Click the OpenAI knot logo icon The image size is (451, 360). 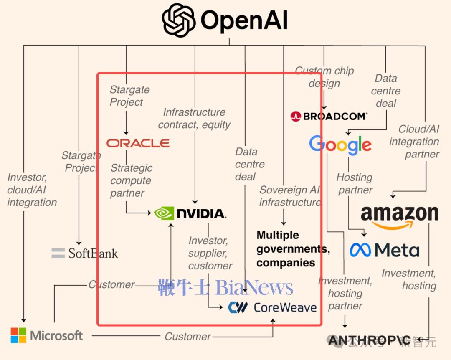point(179,20)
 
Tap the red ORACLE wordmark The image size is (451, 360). point(138,143)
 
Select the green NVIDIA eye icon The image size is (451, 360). point(164,213)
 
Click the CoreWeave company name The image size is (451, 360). point(285,308)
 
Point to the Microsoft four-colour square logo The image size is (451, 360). point(18,335)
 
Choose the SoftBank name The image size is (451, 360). point(93,253)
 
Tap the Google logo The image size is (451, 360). point(340,145)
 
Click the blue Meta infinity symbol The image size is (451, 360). point(360,250)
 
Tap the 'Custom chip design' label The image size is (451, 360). point(324,77)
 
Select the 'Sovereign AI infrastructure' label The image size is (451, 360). point(290,196)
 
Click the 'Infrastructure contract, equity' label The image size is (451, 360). point(194,118)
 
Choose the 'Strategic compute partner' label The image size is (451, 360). point(131,180)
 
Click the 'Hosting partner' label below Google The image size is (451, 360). point(355,183)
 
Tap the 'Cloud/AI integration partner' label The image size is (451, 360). point(414,142)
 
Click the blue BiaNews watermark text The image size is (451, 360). point(226,288)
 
